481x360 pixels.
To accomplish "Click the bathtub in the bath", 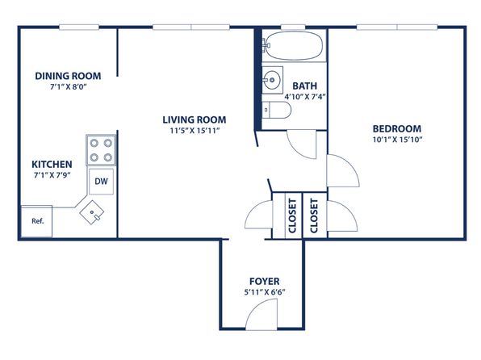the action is point(294,46).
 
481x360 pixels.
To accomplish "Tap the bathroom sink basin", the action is point(272,80).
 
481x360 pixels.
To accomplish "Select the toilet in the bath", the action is point(276,110).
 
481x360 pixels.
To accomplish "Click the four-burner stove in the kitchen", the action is point(101,150).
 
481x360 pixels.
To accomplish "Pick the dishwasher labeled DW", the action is point(101,182).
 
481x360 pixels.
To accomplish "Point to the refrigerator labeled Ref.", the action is point(36,221).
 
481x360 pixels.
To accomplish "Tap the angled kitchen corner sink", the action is point(92,212).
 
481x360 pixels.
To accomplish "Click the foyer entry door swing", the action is point(261,314).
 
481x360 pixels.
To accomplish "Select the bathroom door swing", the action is point(302,144).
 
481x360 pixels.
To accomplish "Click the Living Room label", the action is point(194,119).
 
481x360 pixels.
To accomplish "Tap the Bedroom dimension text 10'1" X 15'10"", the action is point(397,140).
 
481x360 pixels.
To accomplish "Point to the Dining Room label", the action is point(68,76).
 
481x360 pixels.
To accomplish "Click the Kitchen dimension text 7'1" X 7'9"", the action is point(52,175).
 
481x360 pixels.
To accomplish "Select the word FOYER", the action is point(265,282).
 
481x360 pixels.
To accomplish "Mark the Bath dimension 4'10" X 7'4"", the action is point(304,97).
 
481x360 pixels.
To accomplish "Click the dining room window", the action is point(79,27).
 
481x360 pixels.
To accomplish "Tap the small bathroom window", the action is point(293,27).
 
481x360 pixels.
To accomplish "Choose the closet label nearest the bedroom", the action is point(314,216).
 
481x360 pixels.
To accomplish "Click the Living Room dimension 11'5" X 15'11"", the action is point(195,131).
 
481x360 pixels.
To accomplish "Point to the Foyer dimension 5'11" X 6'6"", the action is point(265,292).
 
